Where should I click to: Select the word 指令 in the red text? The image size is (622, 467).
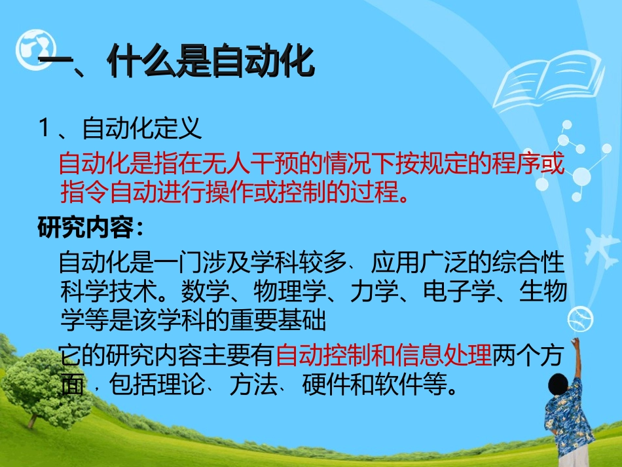84,193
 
